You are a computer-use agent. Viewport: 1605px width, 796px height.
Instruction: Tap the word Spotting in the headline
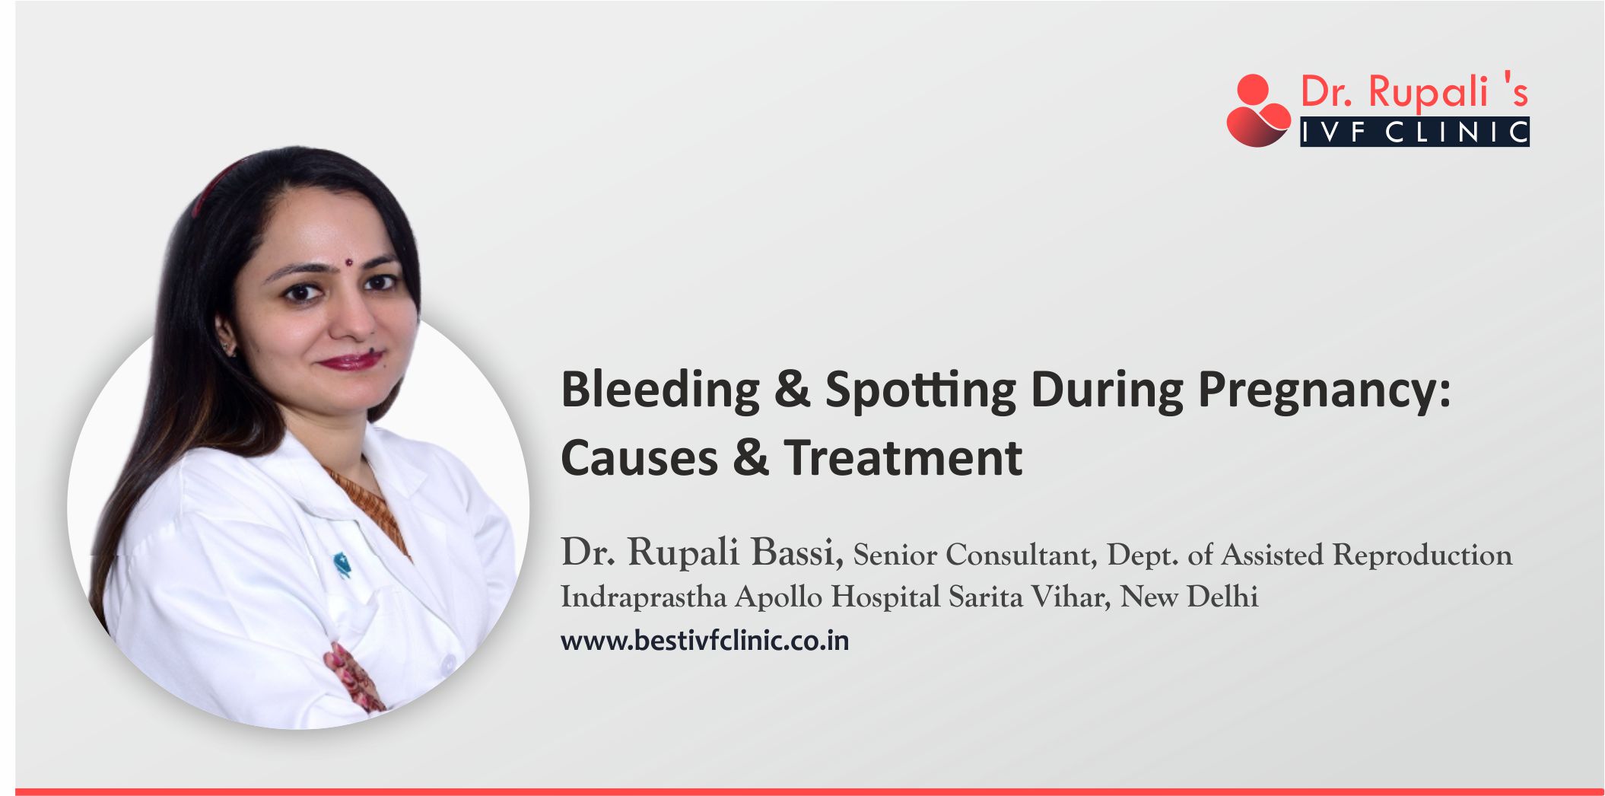920,390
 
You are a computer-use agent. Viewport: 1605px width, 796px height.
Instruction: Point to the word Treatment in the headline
903,458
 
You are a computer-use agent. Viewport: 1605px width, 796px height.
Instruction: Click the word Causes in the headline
639,458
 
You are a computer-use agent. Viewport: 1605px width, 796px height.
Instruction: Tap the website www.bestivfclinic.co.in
704,641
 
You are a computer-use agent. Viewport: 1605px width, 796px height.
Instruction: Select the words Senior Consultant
974,555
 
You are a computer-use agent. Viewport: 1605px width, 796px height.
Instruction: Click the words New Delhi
1189,597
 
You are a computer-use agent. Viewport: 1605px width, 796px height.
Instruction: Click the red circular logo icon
1257,111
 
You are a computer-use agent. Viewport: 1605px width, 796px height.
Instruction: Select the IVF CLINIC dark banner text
1414,132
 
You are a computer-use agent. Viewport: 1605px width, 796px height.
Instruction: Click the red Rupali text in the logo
1428,92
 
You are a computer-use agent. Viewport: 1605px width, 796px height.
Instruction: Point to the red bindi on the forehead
348,263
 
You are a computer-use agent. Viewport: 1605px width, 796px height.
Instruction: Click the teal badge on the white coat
342,564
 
